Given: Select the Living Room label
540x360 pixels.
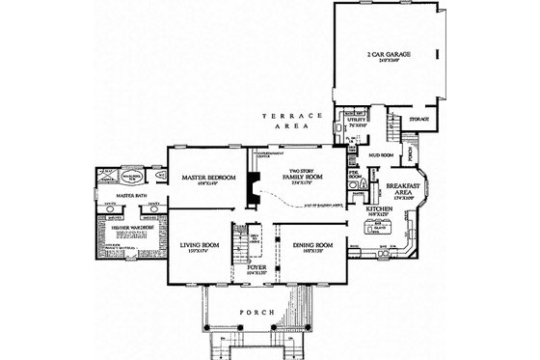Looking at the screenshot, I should tap(200, 246).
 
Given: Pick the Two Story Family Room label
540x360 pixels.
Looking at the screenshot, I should tap(301, 177).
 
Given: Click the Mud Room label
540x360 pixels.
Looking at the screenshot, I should tap(379, 152).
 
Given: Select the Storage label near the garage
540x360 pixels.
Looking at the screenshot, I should tap(418, 120).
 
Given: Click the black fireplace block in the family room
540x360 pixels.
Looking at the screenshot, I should tap(254, 184).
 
